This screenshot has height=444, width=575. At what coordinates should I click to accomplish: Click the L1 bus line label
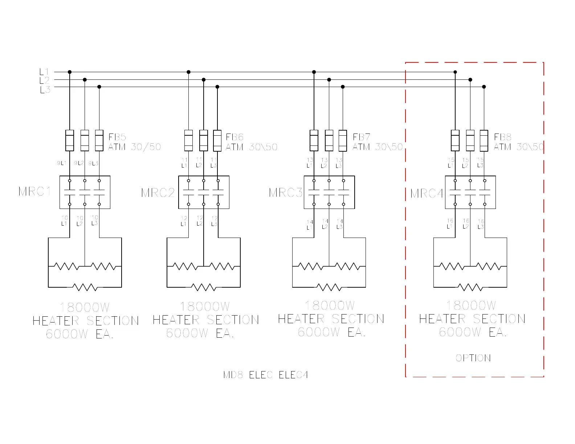[x=44, y=72]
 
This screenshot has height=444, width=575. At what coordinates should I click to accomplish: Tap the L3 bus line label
[x=45, y=90]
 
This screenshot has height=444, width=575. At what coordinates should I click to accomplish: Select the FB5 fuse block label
[x=117, y=137]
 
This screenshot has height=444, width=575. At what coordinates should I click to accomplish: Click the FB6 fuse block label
[x=235, y=137]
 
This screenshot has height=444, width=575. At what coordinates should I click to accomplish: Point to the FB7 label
[x=362, y=137]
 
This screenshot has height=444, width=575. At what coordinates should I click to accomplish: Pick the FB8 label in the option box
[x=503, y=137]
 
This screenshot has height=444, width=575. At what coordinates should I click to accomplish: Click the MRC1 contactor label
[x=35, y=191]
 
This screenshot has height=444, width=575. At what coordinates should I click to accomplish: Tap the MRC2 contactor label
[x=158, y=193]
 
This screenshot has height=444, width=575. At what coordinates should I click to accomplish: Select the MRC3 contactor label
[x=286, y=193]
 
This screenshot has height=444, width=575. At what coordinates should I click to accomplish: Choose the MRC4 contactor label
[x=427, y=193]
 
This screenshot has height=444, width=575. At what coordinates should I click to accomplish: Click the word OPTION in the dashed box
[x=473, y=358]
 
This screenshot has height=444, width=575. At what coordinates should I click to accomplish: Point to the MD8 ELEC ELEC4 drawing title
[x=266, y=375]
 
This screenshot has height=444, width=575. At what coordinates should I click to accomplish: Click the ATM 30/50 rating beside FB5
[x=135, y=147]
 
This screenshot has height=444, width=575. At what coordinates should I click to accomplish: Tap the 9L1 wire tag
[x=62, y=163]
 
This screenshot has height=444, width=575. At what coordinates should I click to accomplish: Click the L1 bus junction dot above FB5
[x=70, y=72]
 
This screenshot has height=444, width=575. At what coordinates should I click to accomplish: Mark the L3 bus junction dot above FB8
[x=484, y=87]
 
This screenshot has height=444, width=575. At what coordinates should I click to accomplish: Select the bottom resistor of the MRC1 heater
[x=85, y=287]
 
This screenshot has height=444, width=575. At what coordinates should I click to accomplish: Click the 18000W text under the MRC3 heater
[x=330, y=305]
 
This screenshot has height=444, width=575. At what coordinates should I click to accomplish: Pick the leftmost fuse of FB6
[x=188, y=140]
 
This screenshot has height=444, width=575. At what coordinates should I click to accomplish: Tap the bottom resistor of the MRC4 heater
[x=470, y=287]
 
